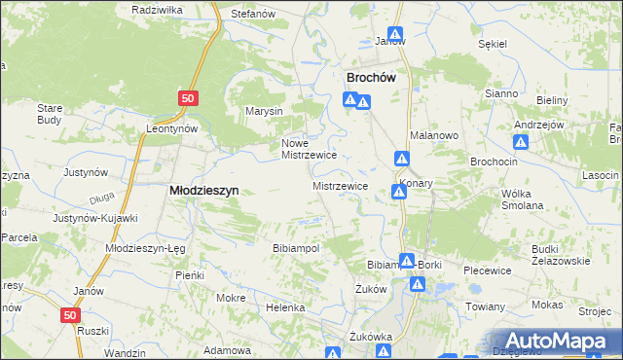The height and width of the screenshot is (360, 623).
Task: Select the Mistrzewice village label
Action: (340, 185)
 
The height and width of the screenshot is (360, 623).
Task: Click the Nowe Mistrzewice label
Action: (309, 148)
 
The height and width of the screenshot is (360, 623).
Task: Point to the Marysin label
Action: (264, 111)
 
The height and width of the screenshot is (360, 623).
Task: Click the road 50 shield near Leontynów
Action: (189, 98)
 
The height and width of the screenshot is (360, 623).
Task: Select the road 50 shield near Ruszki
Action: (69, 315)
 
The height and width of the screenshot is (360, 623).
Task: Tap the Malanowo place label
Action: (433, 135)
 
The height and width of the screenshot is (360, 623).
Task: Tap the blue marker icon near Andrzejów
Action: (521, 142)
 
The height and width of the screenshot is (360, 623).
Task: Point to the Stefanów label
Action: (251, 15)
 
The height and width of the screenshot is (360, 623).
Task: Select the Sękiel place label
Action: (494, 44)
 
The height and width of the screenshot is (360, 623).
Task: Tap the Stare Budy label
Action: (50, 114)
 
